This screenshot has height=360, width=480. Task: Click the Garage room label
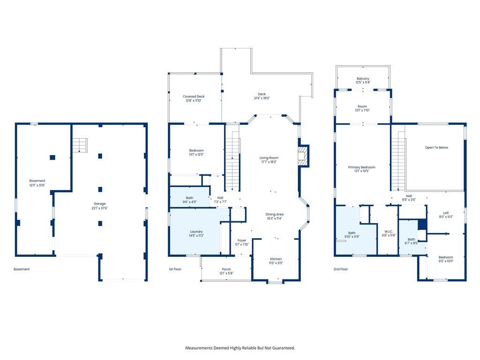pos(99,206)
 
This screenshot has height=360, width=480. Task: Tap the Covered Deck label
pos(194,98)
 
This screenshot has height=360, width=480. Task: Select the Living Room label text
pos(269,160)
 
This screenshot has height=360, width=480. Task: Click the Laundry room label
pos(196,233)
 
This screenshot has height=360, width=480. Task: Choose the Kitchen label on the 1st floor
pos(276,261)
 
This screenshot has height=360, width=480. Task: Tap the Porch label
pos(226,271)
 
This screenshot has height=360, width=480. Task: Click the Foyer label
pos(241,242)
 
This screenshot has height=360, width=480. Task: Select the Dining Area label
pos(274,217)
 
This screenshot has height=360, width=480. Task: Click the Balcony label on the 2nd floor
pos(363,81)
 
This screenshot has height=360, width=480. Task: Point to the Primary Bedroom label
pos(361,169)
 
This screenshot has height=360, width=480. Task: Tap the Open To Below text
pos(436,148)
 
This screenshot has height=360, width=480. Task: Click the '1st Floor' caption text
pos(175,269)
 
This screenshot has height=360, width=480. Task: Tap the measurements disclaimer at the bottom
pos(240,348)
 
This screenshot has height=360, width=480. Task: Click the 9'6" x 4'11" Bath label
pos(189,200)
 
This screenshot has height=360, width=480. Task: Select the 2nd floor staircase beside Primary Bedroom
pos(398,159)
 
